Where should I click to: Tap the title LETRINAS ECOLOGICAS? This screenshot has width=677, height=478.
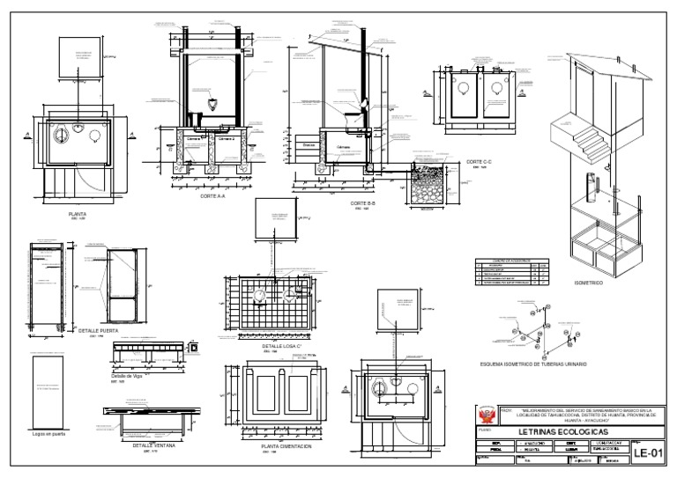coord(564,432)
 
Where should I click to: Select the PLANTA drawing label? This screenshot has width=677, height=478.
coord(77,213)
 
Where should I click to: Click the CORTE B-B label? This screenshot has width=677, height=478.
coord(363,203)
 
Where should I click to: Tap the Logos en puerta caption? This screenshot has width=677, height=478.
coord(48,435)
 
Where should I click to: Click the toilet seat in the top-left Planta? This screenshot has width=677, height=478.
coord(63,135)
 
